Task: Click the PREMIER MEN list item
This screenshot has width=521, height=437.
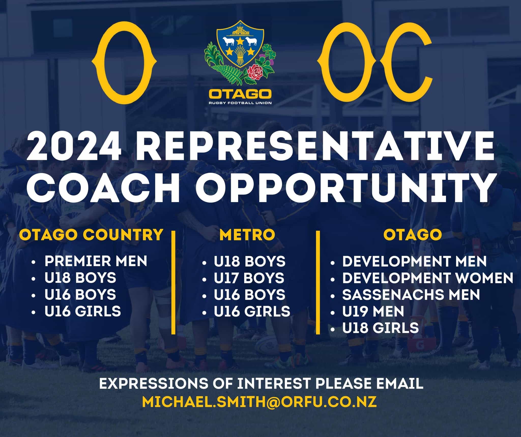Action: pos(96,261)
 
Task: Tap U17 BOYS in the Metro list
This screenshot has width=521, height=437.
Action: pos(249,278)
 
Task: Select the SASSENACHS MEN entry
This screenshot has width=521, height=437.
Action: pos(411,294)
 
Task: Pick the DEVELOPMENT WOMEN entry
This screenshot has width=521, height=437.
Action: pos(428,278)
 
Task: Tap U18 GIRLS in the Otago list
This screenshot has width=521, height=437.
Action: pos(380,328)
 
